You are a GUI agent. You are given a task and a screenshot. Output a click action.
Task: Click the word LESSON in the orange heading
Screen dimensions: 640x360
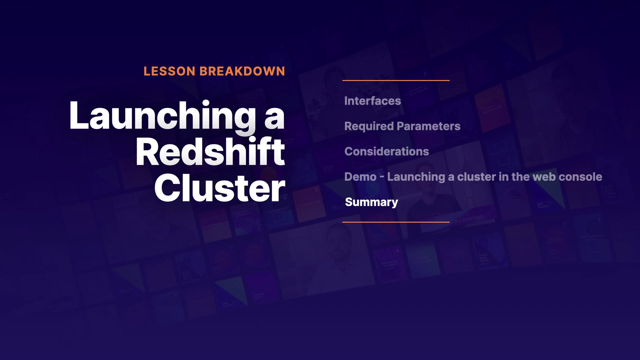[x=169, y=71]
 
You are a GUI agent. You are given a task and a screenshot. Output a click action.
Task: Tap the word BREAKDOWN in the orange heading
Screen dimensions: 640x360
[x=242, y=71]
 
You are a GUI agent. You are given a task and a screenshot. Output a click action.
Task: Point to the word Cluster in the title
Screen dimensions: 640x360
[x=220, y=188]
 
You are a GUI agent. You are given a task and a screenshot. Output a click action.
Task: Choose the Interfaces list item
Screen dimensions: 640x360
[x=373, y=101]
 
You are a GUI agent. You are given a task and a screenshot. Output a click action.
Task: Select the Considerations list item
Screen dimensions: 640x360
[x=387, y=151]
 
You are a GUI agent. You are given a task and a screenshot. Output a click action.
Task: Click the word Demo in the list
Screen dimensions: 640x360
[x=360, y=177]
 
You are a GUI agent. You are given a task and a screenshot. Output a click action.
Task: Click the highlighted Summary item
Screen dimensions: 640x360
[x=372, y=202]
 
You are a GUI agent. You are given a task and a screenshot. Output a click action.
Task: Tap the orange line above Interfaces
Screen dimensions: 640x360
[x=396, y=80]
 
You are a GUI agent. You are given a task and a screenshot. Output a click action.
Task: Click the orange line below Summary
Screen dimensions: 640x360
[x=396, y=222]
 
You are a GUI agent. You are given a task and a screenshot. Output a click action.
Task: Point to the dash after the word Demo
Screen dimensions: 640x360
[x=382, y=177]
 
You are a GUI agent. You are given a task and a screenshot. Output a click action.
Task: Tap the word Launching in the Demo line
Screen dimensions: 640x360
[x=416, y=177]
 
